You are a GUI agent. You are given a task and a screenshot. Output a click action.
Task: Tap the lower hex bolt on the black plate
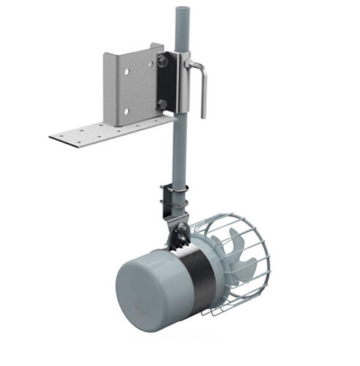click(162, 105)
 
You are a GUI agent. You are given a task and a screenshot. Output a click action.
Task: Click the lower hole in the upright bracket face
click(127, 111)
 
